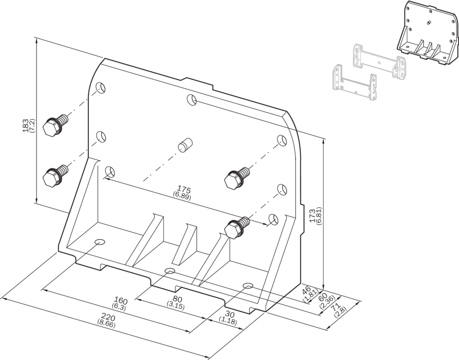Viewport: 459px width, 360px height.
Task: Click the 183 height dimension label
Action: pos(25,125)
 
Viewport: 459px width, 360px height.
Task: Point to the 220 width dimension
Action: pos(108,318)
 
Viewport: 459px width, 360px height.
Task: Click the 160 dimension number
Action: pos(121,300)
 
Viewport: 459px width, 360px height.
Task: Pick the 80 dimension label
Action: pos(177,299)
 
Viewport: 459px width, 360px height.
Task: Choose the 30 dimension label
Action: pos(230,314)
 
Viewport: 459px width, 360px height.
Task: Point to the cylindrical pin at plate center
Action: pos(185,145)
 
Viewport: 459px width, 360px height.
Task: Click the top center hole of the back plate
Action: pos(192,100)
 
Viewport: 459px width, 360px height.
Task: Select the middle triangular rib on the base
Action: pos(185,244)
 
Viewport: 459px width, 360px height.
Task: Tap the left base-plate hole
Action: pos(100,242)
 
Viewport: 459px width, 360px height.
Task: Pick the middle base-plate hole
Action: pos(170,271)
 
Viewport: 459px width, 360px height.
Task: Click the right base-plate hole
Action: pos(248,285)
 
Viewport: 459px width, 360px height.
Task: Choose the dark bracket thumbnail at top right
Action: pos(427,33)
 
